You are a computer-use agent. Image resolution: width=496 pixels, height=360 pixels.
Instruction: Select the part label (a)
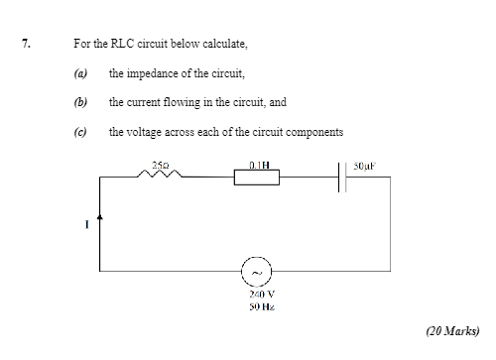[x=80, y=73]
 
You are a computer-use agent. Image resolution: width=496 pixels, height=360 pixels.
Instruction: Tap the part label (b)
[x=80, y=102]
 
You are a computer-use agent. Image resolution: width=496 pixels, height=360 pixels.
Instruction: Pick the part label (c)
[x=80, y=131]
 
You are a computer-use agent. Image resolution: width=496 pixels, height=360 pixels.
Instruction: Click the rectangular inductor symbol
[x=256, y=177]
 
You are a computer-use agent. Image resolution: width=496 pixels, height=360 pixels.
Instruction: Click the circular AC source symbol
[x=257, y=270]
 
